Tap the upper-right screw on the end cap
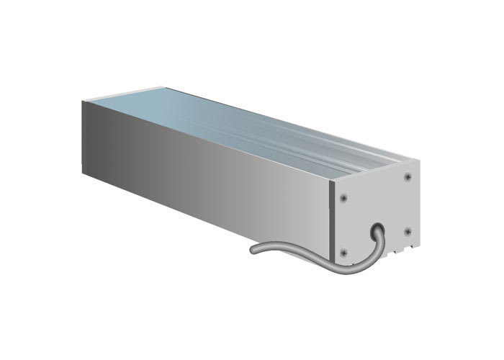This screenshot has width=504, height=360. click(408, 176)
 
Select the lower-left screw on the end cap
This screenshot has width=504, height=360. click(343, 252)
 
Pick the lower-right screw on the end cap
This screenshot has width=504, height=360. click(408, 231)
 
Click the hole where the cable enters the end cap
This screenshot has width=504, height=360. click(379, 229)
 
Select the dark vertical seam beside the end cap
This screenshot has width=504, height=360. click(332, 223)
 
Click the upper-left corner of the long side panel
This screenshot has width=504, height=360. click(81, 104)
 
